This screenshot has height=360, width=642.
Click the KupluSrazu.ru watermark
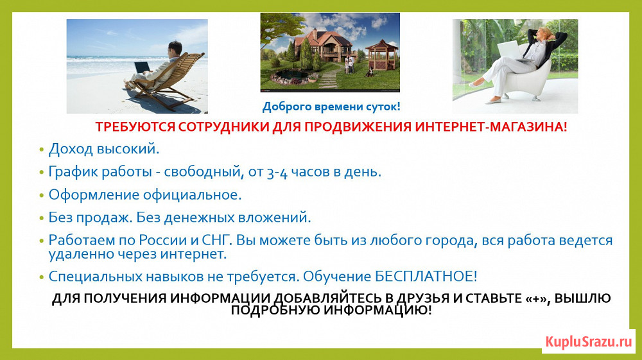pyautogui.click(x=589, y=341)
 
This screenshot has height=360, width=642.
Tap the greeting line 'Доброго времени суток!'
pyautogui.click(x=331, y=107)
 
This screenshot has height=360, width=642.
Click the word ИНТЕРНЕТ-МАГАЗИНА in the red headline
pyautogui.click(x=491, y=127)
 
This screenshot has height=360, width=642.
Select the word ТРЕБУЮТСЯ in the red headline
pyautogui.click(x=135, y=127)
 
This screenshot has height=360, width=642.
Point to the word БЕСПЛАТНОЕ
pyautogui.click(x=426, y=277)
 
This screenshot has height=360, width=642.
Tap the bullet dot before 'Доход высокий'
pyautogui.click(x=41, y=150)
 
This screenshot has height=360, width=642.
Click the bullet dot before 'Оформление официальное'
pyautogui.click(x=41, y=196)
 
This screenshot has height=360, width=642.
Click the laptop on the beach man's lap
pyautogui.click(x=142, y=66)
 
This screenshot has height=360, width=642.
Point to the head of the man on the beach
pyautogui.click(x=175, y=48)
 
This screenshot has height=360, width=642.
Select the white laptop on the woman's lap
pyautogui.click(x=512, y=51)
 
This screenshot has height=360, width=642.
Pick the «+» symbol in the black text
pyautogui.click(x=535, y=298)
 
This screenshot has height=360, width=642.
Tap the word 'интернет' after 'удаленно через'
pyautogui.click(x=193, y=254)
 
